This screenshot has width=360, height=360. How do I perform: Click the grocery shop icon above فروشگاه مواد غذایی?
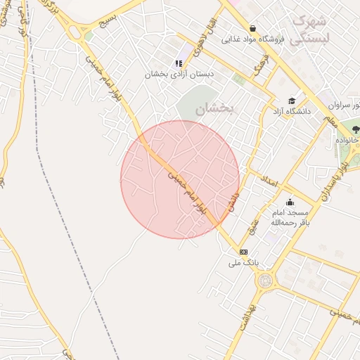click(252, 29)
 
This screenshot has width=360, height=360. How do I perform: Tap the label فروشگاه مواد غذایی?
click(252, 39)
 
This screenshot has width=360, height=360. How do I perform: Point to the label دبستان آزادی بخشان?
click(179, 74)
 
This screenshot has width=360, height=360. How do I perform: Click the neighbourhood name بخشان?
click(214, 109)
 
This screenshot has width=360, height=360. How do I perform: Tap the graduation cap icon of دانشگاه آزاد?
click(292, 101)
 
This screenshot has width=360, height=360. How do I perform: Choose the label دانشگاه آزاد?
click(292, 112)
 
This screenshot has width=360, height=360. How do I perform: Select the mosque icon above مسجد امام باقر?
click(290, 202)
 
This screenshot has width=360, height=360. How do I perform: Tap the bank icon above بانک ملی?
click(243, 252)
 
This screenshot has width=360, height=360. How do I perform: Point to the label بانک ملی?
click(243, 263)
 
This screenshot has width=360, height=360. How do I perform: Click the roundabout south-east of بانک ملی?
click(265, 281)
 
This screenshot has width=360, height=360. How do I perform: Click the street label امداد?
click(270, 185)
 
